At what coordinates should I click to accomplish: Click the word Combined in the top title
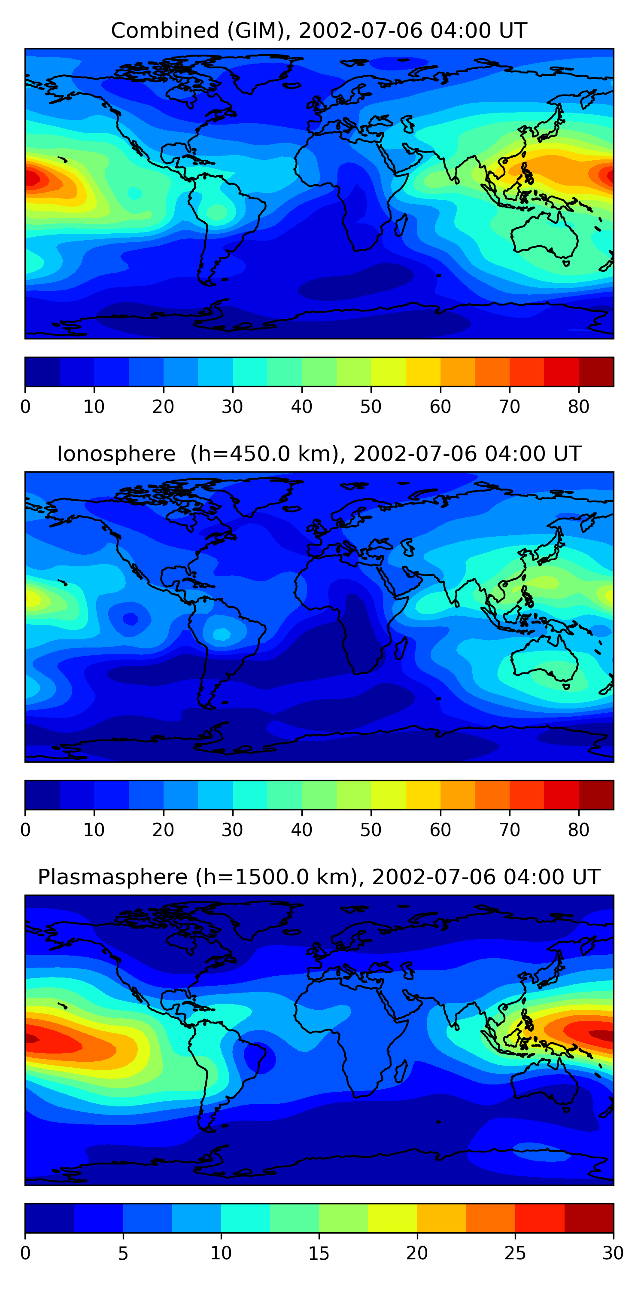click(164, 31)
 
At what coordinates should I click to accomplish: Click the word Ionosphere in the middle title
click(116, 454)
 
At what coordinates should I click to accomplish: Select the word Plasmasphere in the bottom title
click(112, 877)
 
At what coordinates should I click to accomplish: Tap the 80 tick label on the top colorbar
click(578, 407)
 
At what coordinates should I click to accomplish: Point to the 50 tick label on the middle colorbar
click(371, 830)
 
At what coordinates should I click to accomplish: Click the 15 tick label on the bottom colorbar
click(319, 1253)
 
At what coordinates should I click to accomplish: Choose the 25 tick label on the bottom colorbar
click(515, 1253)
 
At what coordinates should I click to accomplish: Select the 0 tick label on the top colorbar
click(25, 407)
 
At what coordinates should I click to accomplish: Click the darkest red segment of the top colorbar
click(596, 372)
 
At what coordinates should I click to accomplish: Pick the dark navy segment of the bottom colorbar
click(49, 1219)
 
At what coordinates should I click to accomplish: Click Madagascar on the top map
click(401, 225)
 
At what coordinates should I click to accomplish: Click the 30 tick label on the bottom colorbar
click(613, 1253)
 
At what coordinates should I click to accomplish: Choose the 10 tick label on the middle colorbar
click(94, 830)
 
